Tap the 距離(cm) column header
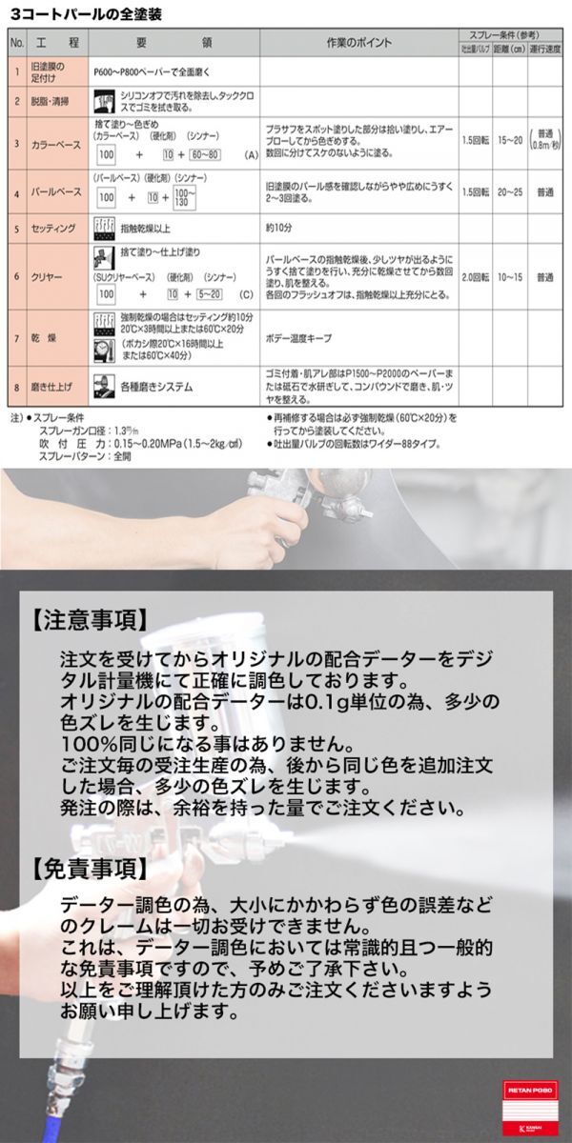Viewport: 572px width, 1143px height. [x=508, y=50]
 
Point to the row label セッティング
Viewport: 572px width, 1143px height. [x=54, y=229]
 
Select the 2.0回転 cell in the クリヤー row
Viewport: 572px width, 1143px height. [x=474, y=278]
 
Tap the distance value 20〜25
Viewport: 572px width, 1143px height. [x=509, y=191]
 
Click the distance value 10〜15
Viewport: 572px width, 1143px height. [x=509, y=278]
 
